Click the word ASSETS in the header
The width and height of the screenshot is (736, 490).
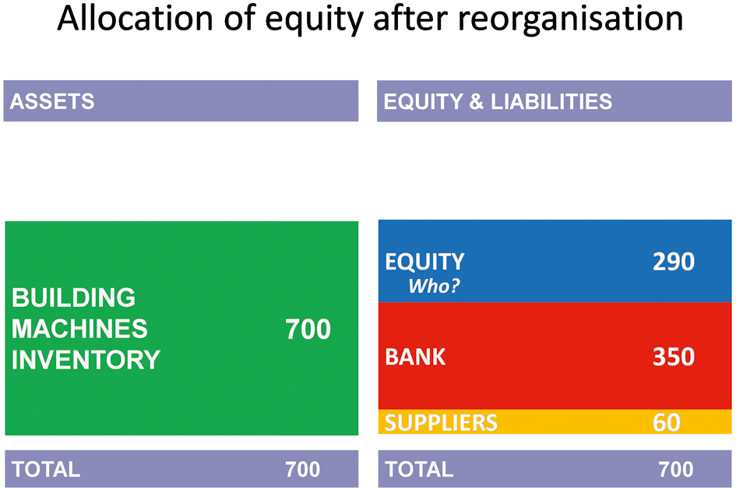click(52, 101)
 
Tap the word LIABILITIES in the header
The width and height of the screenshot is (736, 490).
click(551, 101)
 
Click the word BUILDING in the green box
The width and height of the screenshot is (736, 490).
click(74, 298)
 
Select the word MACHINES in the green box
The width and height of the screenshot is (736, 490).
click(79, 329)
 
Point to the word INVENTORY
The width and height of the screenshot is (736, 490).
click(86, 360)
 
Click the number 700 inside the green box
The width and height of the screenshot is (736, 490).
click(308, 329)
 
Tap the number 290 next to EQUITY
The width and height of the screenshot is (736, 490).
click(674, 262)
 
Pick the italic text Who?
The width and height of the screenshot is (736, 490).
click(434, 286)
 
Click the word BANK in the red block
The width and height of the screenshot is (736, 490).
click(415, 357)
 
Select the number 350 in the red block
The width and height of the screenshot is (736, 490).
click(674, 357)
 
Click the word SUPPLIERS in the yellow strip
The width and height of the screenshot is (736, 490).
click(441, 422)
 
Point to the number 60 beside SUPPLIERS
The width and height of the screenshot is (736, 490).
click(667, 422)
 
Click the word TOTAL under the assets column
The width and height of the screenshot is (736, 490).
click(46, 469)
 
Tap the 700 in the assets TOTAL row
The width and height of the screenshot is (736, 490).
click(303, 469)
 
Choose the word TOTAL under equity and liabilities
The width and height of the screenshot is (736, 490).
click(419, 469)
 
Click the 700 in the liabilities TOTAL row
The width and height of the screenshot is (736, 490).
click(676, 469)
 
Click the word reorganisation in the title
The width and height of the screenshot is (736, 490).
click(570, 19)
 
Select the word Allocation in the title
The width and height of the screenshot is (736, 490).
click(136, 18)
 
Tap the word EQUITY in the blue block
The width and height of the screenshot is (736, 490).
click(424, 262)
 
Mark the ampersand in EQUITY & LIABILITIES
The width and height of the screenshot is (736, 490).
click(477, 101)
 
